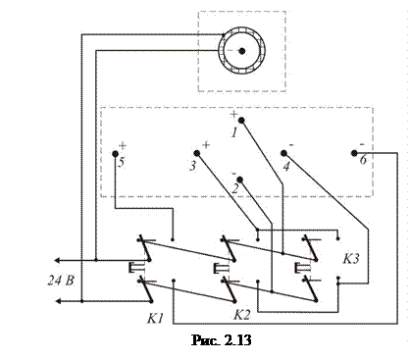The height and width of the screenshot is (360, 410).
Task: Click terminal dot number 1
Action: pos(241,121)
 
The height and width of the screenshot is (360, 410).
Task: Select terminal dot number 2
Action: pos(239,180)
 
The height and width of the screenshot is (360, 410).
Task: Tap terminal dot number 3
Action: pos(197,153)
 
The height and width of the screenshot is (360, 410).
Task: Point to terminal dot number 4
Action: pos(283,153)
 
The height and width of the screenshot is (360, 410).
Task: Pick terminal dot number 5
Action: pos(115,153)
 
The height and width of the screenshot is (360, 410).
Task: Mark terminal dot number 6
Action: pos(354,153)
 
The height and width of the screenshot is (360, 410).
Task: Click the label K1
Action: pos(155,318)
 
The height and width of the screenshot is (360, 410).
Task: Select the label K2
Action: pos(242,315)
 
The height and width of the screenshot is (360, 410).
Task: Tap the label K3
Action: pos(351,259)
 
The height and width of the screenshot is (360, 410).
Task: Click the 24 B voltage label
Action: pos(61,281)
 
